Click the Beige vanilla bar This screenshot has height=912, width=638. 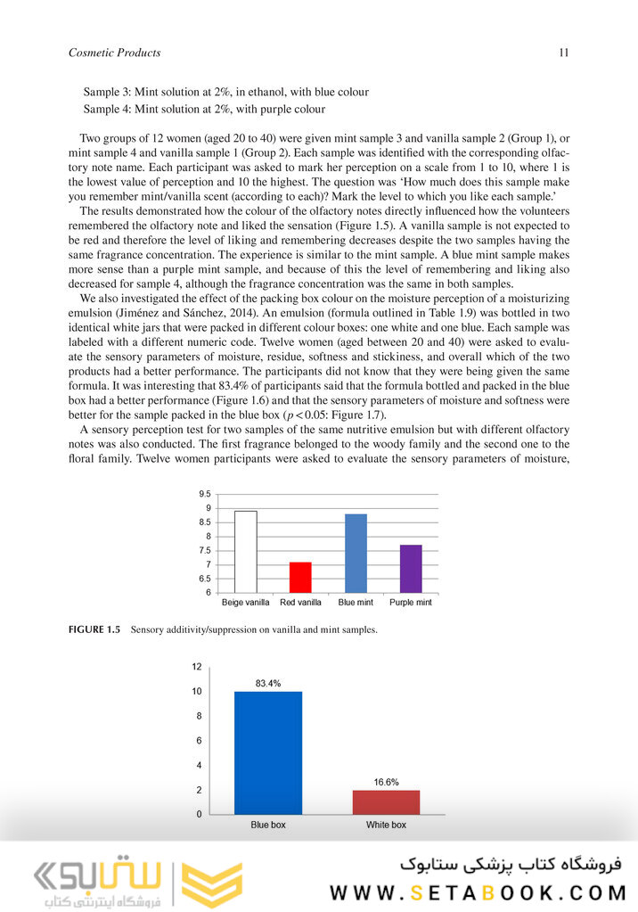click(x=245, y=552)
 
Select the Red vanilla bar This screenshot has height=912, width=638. click(x=300, y=577)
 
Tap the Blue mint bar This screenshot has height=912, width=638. click(x=356, y=553)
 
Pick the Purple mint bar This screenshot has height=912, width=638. click(x=411, y=569)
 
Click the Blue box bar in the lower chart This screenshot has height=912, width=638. click(x=268, y=752)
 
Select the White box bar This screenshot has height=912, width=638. click(x=386, y=801)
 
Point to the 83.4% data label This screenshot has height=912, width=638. click(x=268, y=684)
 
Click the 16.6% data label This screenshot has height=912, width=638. click(x=386, y=782)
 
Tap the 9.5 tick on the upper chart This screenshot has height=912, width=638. click(x=204, y=494)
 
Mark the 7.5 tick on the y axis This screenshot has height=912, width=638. click(x=204, y=550)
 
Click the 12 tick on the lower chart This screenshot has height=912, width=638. click(x=197, y=667)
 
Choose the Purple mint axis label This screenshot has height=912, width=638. click(x=411, y=603)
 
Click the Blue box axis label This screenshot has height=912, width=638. click(x=268, y=825)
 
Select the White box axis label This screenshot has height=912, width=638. click(x=386, y=825)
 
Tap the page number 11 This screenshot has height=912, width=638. click(x=564, y=53)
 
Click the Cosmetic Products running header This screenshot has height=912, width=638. click(x=114, y=53)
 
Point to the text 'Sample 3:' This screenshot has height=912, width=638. click(x=108, y=92)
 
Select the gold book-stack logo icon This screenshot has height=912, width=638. click(x=212, y=883)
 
